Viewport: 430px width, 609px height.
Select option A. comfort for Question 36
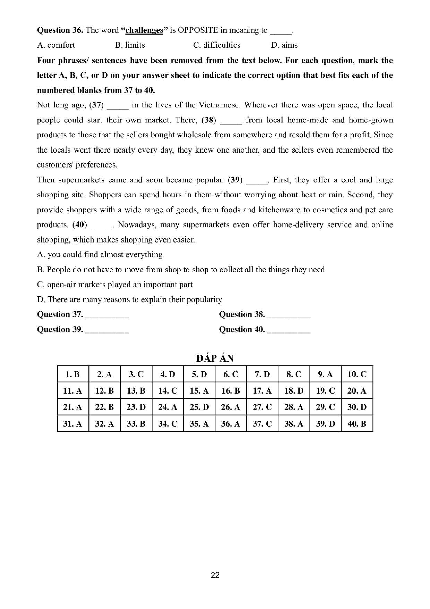tap(56, 45)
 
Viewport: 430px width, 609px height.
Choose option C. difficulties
tap(216, 45)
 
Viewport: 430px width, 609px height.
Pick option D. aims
tap(284, 45)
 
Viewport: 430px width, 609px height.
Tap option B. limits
tap(130, 45)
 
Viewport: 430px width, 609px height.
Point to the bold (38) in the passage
tap(209, 120)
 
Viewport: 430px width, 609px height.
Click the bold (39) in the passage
tap(235, 180)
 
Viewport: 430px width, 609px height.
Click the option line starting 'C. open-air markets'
tap(115, 284)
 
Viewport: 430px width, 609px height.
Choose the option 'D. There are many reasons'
tap(129, 299)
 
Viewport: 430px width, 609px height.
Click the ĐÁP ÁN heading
tap(215, 358)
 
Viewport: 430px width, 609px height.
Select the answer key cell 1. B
tap(73, 374)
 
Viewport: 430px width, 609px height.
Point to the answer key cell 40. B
tap(357, 424)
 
